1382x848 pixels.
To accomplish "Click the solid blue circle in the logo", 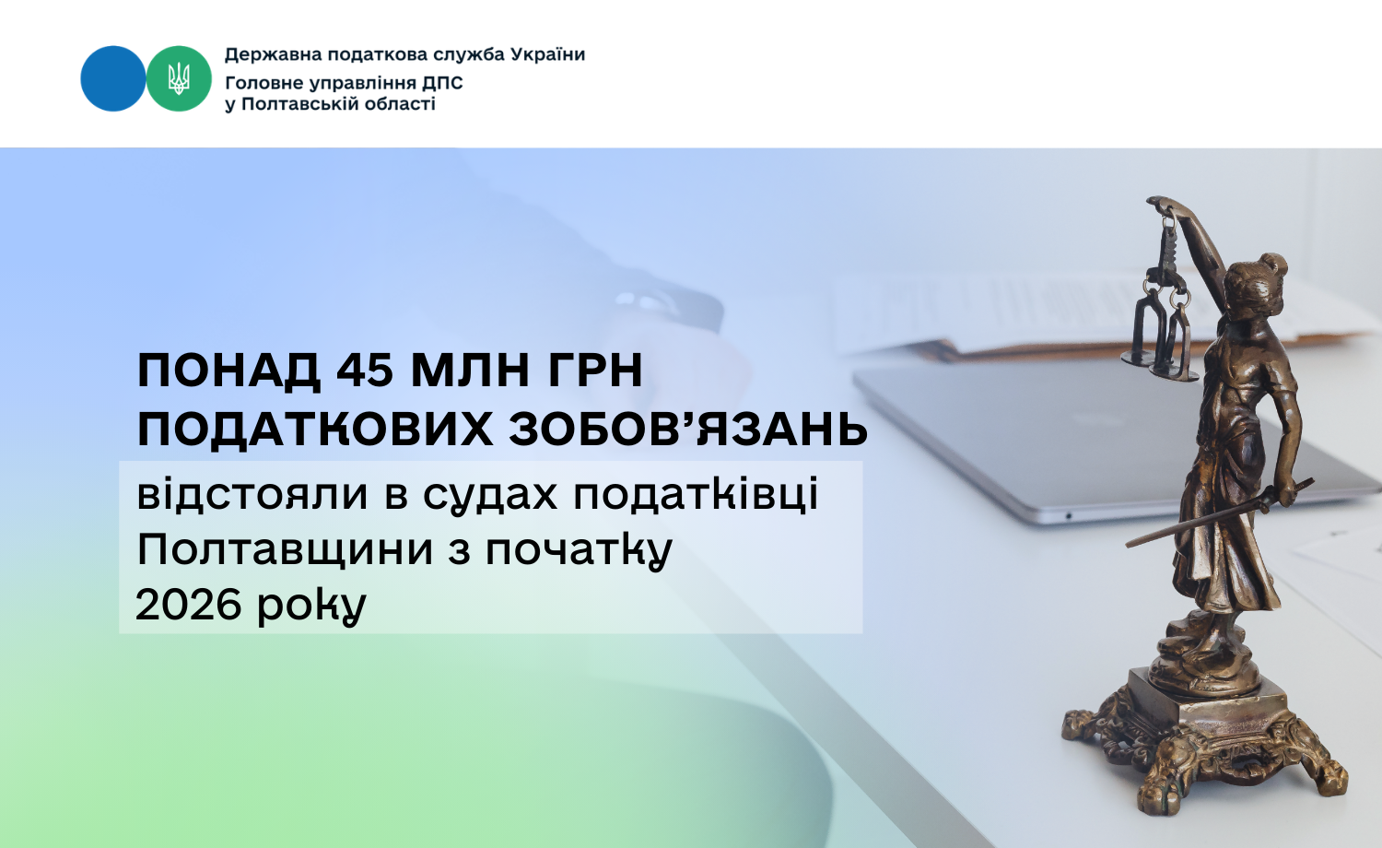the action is coord(113,78).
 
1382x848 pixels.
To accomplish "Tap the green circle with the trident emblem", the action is coord(179,78).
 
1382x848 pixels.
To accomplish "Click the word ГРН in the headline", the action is coord(594,371).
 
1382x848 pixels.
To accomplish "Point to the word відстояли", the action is coord(252,494).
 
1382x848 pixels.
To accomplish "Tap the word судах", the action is coord(490,496).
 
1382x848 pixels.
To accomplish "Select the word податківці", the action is coord(696,496).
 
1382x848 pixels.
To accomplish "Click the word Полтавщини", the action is coord(286,550).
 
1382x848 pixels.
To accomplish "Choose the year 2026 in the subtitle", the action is coord(188,605).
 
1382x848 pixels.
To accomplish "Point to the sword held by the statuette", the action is coord(1220,513).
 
